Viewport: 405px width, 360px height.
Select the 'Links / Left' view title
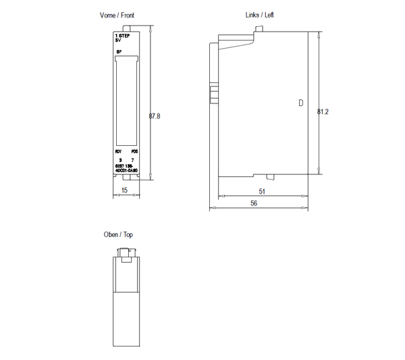click(260, 14)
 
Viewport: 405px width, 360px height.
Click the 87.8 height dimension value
click(155, 116)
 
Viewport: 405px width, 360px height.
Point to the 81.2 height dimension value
click(323, 111)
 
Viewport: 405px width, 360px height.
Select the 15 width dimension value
click(126, 191)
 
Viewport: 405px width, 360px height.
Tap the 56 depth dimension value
click(254, 202)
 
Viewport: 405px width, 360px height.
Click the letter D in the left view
click(300, 103)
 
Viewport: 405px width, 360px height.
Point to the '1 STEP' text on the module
click(122, 34)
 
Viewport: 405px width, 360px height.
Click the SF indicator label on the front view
click(118, 51)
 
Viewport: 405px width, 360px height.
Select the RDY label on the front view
click(118, 151)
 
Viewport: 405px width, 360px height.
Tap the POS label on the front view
click(134, 151)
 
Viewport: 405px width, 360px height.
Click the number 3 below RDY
click(119, 159)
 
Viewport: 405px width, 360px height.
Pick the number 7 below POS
click(133, 159)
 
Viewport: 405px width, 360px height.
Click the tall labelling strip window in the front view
click(126, 101)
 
